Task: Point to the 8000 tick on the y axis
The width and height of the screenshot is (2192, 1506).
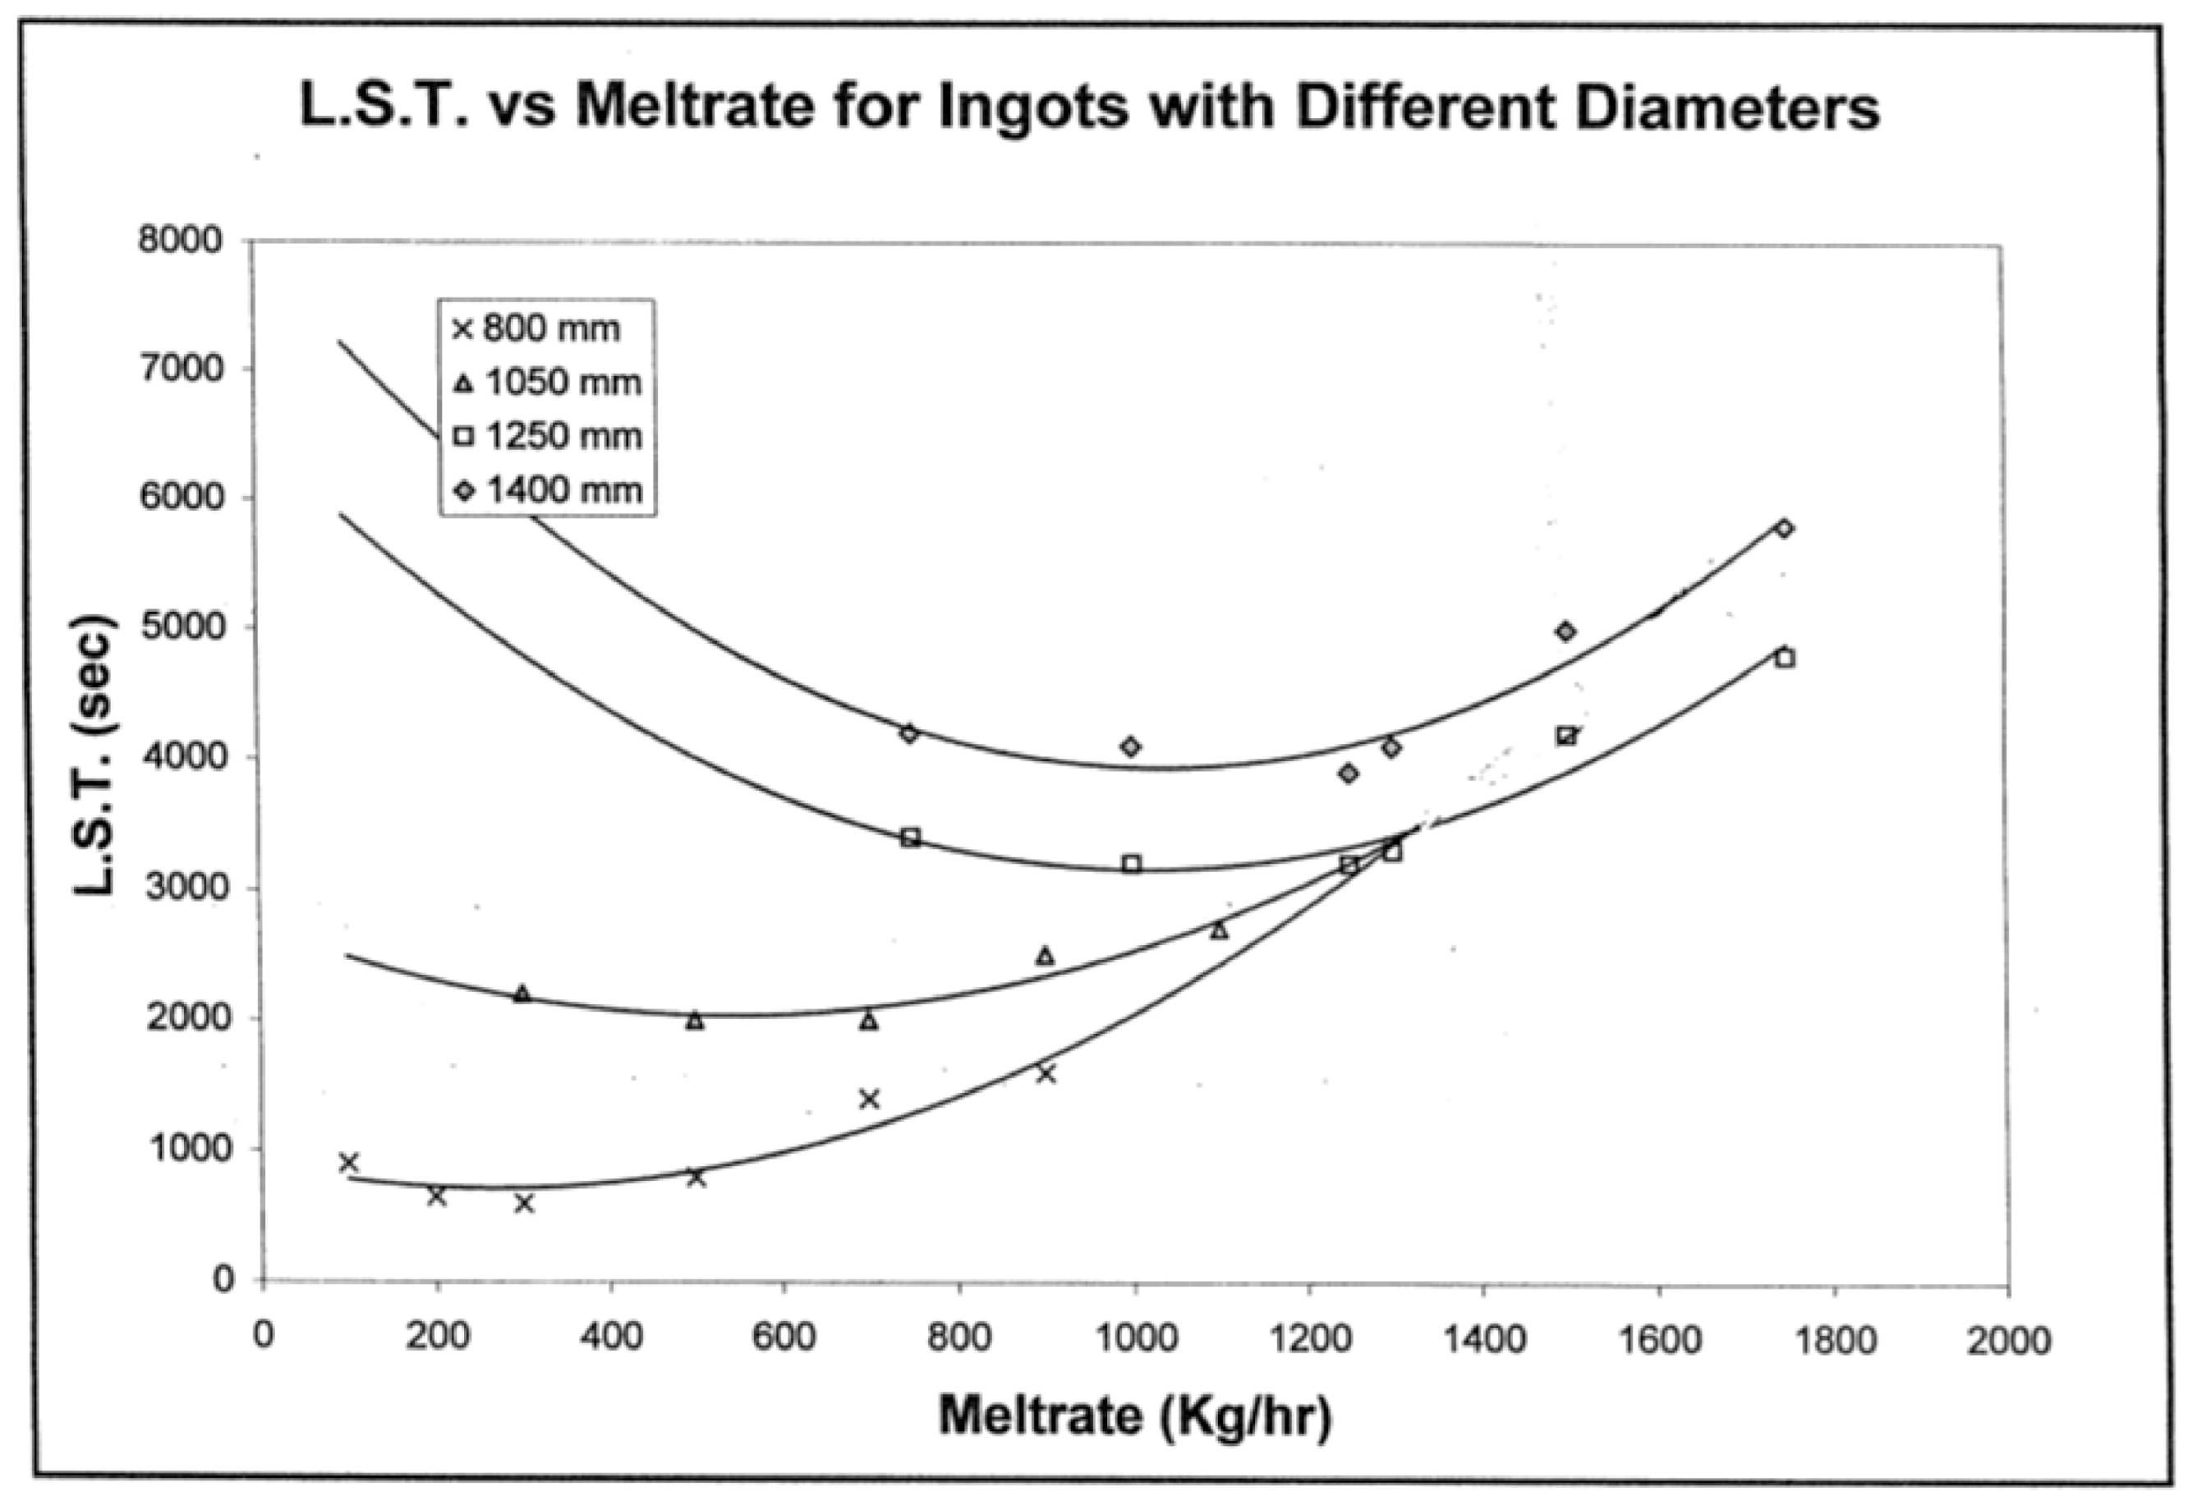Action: [x=180, y=241]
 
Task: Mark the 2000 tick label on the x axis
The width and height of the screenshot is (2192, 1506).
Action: [x=2008, y=1340]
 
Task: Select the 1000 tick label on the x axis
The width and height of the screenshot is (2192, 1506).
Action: [x=1135, y=1340]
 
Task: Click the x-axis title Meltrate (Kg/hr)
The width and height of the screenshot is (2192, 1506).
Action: [x=1135, y=1417]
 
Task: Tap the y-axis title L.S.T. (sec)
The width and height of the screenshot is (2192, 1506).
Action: [x=97, y=755]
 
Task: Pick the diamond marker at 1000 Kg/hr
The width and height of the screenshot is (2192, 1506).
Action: [x=1132, y=747]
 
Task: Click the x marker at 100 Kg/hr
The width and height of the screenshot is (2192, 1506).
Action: [x=349, y=1163]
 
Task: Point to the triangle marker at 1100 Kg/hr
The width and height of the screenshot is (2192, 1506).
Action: [x=1219, y=931]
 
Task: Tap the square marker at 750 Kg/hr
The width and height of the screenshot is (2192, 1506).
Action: [x=911, y=837]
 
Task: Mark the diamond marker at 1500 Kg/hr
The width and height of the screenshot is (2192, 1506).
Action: [x=1566, y=631]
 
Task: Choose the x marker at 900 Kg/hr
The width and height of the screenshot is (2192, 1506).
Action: [x=1045, y=1074]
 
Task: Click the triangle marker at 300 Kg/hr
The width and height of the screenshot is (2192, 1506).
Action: [x=522, y=994]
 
